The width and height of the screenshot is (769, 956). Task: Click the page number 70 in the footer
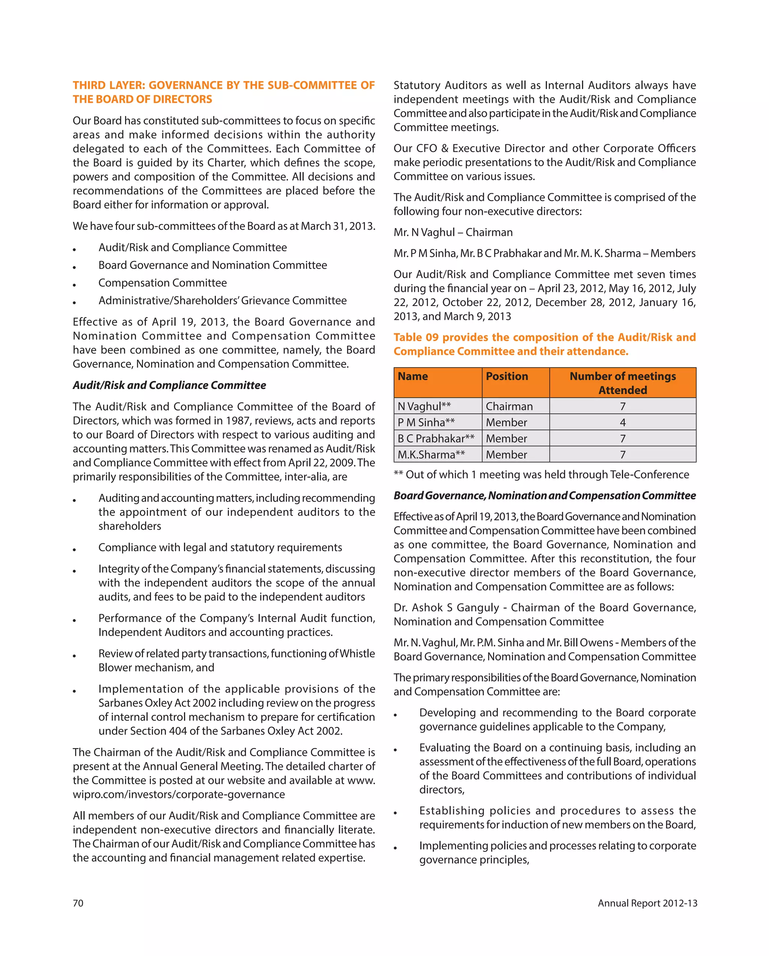point(78,903)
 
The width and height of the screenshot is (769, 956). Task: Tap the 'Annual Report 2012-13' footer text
point(647,903)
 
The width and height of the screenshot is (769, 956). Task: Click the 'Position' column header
point(507,377)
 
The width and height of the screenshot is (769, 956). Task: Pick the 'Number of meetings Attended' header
point(622,383)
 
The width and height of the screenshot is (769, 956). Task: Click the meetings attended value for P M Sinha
point(622,422)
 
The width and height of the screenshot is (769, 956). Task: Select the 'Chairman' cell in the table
point(509,406)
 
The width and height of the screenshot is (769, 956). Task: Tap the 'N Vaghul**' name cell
point(424,406)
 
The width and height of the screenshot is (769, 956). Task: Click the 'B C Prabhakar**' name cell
point(436,439)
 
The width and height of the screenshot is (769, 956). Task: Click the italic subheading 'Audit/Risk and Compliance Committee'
point(169,385)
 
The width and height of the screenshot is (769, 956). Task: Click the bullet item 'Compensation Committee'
point(162,283)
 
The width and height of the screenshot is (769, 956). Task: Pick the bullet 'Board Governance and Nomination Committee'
point(213,265)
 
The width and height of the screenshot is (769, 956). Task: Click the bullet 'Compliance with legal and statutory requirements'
point(220,547)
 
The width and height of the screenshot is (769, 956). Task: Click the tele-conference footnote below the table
point(541,475)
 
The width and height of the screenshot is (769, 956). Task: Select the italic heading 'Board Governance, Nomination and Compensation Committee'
point(544,496)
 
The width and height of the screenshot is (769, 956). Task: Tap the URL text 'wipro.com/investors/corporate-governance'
point(179,794)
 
